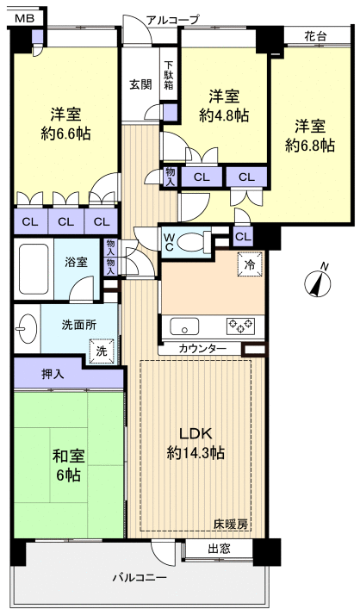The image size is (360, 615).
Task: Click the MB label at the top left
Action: pyautogui.click(x=25, y=17)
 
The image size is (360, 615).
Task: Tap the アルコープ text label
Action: pyautogui.click(x=172, y=19)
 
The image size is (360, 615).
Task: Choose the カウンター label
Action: pyautogui.click(x=203, y=348)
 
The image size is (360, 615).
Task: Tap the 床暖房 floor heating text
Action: pyautogui.click(x=232, y=525)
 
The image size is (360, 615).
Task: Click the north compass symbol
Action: pyautogui.click(x=320, y=281)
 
